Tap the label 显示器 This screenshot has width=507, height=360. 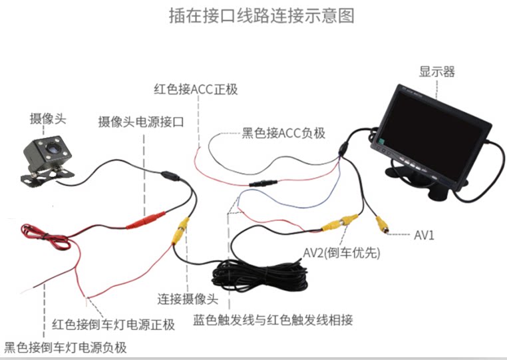click(x=437, y=72)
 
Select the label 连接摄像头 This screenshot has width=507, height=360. click(x=188, y=299)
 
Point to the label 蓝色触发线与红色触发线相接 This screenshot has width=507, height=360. click(x=272, y=320)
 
